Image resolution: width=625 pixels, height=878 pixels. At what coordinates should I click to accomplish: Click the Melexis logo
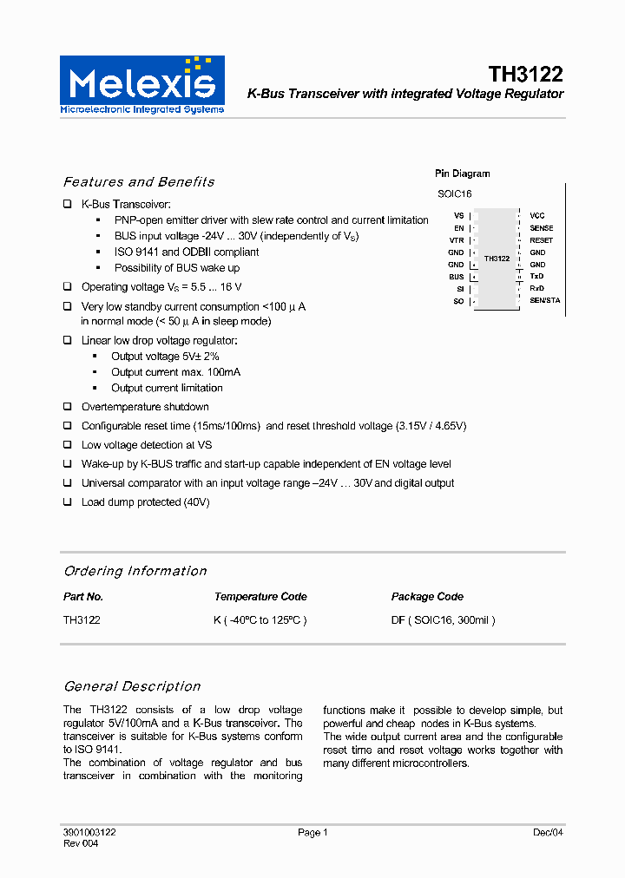pyautogui.click(x=141, y=84)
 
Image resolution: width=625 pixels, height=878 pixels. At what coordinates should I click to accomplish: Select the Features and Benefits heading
pyautogui.click(x=139, y=182)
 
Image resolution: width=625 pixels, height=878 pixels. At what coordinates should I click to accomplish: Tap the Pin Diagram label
pyautogui.click(x=462, y=174)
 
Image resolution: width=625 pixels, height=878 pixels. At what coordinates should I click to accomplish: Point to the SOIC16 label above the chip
pyautogui.click(x=454, y=194)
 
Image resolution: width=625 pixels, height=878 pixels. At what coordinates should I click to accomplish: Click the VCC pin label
pyautogui.click(x=537, y=215)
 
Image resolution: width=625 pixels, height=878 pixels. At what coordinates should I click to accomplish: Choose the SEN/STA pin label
pyautogui.click(x=545, y=301)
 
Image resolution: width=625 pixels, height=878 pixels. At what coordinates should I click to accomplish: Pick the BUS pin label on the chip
pyautogui.click(x=457, y=277)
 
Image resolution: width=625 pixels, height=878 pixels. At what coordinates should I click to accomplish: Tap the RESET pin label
pyautogui.click(x=541, y=240)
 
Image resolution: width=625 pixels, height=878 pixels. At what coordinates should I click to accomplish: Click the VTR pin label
pyautogui.click(x=457, y=240)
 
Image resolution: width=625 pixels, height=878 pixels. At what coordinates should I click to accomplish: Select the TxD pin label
pyautogui.click(x=536, y=277)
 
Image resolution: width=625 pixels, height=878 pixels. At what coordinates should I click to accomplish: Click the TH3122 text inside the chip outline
pyautogui.click(x=497, y=259)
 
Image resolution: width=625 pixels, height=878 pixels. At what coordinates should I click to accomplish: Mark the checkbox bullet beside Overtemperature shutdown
pyautogui.click(x=68, y=407)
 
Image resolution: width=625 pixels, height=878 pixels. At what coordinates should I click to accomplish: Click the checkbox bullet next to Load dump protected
pyautogui.click(x=68, y=502)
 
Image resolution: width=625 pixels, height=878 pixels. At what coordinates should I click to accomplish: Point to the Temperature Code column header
pyautogui.click(x=260, y=597)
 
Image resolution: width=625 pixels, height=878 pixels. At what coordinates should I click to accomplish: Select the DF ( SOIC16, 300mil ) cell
pyautogui.click(x=443, y=621)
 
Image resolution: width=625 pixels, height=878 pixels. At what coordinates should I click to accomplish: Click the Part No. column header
pyautogui.click(x=83, y=597)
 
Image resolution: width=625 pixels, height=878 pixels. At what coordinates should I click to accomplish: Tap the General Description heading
pyautogui.click(x=132, y=686)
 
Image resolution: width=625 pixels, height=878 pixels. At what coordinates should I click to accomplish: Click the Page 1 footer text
pyautogui.click(x=312, y=833)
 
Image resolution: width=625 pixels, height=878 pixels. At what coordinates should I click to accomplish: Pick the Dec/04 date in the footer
pyautogui.click(x=548, y=833)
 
